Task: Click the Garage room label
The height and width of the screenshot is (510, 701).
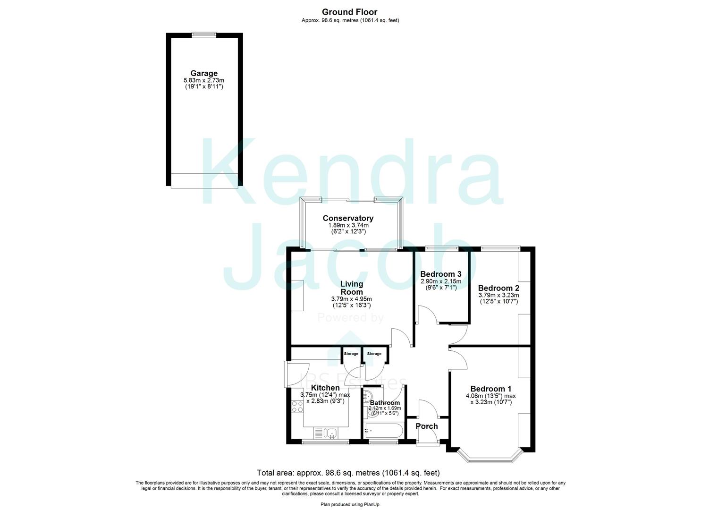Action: tap(204, 73)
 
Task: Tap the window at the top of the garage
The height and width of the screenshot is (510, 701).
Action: tap(204, 34)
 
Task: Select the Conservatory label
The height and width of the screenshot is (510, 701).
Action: tap(348, 218)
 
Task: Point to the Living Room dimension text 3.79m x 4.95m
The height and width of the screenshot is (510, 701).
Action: tap(351, 299)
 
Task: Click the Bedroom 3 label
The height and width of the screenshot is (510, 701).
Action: tap(440, 274)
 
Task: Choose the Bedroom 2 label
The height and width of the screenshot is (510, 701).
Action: tap(498, 288)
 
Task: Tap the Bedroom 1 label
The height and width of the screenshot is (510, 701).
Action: tap(490, 389)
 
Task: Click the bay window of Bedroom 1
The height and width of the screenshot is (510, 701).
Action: tap(490, 457)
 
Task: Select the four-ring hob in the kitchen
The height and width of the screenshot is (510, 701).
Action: tap(297, 406)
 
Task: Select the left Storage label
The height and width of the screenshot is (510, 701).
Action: tap(351, 354)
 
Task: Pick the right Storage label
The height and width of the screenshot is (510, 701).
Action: tap(374, 354)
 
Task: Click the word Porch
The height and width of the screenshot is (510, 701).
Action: tap(426, 426)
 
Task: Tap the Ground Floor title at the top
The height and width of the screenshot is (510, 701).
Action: tap(350, 12)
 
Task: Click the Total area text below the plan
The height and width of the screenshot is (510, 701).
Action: tap(348, 472)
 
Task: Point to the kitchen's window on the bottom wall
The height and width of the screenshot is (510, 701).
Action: tap(325, 442)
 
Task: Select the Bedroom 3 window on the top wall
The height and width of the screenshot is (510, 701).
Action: tap(441, 248)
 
